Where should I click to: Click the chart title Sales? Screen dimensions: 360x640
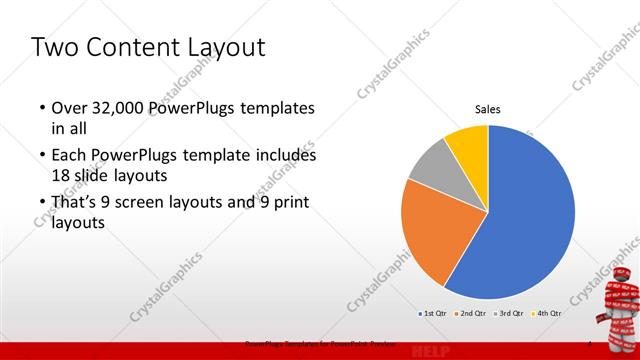pyautogui.click(x=487, y=110)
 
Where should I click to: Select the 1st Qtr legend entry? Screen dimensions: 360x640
pyautogui.click(x=431, y=313)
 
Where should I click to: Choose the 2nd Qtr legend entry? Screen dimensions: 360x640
pyautogui.click(x=470, y=313)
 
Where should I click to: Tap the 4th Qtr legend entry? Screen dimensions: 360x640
pyautogui.click(x=546, y=313)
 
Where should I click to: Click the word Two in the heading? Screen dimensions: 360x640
pyautogui.click(x=54, y=47)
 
